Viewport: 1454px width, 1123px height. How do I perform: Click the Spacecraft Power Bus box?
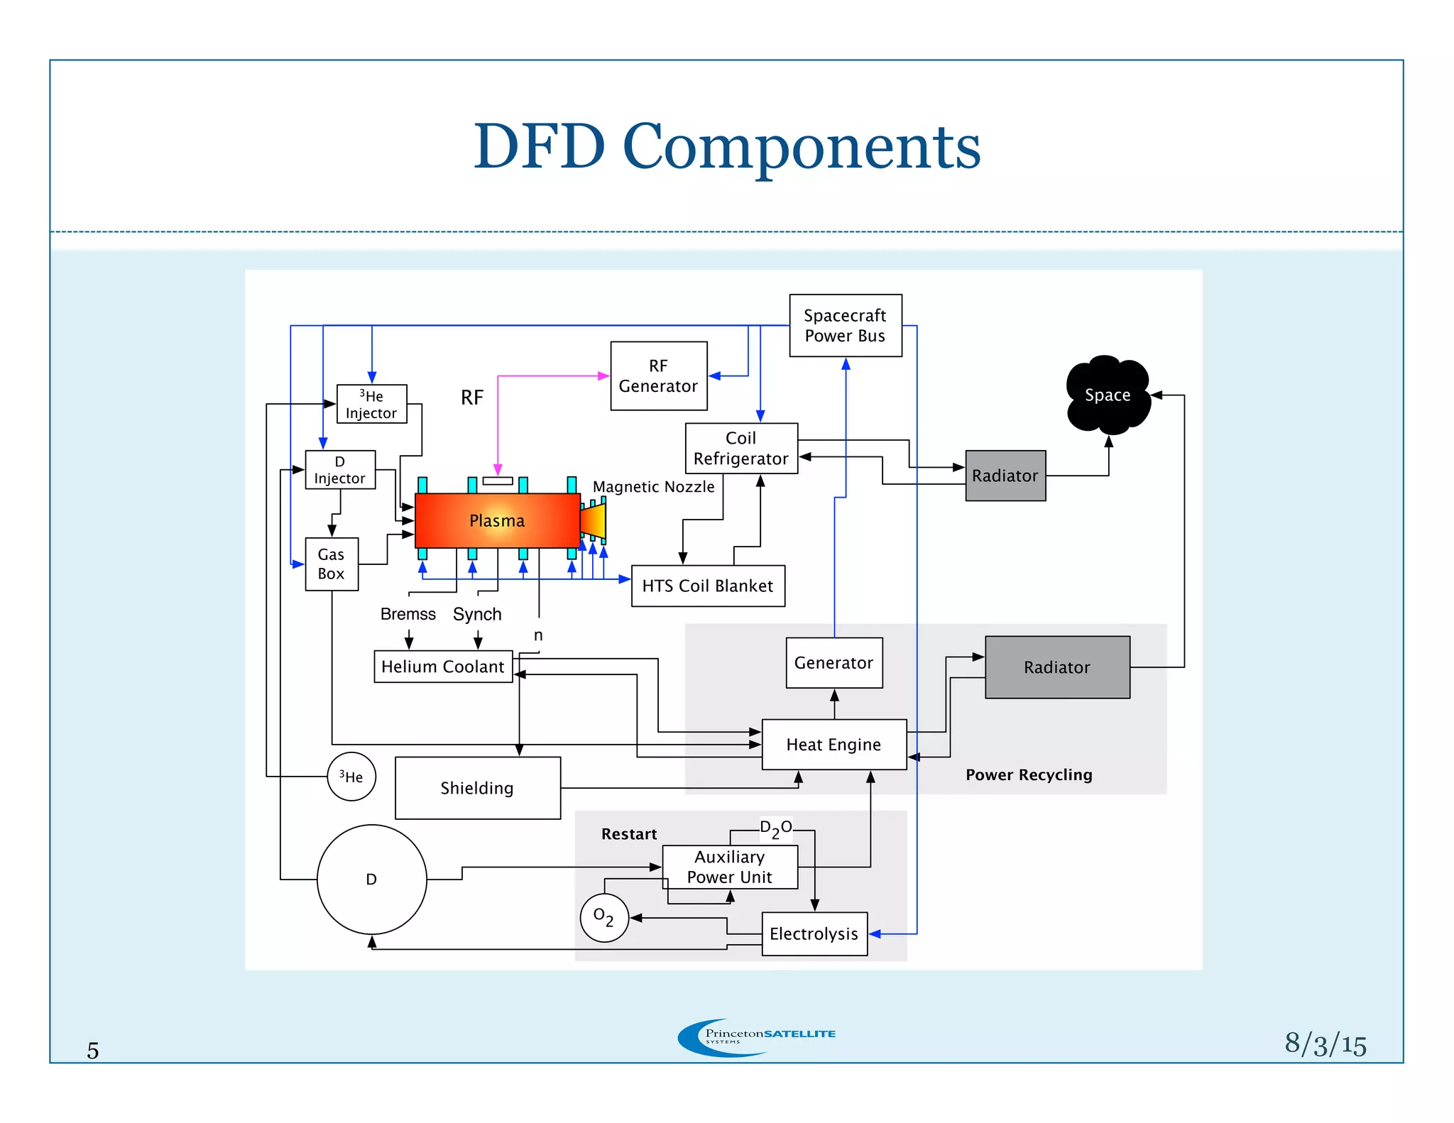point(845,325)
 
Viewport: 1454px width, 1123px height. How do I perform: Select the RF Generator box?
point(658,376)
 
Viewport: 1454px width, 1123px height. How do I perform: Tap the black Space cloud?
point(1107,395)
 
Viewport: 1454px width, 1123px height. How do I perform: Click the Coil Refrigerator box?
point(740,448)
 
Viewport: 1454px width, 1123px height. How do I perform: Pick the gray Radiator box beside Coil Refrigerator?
point(1005,476)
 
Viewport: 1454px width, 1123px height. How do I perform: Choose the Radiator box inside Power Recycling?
point(1056,667)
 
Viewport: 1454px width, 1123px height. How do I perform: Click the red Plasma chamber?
point(497,520)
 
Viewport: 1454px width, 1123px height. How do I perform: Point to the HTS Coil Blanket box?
point(707,586)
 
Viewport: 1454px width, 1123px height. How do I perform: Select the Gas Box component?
point(332,564)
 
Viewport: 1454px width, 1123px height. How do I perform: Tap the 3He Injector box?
point(371,404)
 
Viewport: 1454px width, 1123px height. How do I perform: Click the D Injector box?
point(340,470)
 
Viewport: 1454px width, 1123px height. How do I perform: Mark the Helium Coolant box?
point(442,667)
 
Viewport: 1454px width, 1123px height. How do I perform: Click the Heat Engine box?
point(833,745)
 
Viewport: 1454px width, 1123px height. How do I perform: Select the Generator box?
point(833,662)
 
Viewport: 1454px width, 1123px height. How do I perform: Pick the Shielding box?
point(477,788)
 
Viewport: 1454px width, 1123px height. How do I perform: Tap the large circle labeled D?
point(371,880)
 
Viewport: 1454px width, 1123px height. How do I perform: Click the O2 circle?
point(604,917)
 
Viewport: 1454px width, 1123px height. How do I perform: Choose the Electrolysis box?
point(814,933)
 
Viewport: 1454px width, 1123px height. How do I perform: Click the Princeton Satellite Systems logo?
point(755,1036)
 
